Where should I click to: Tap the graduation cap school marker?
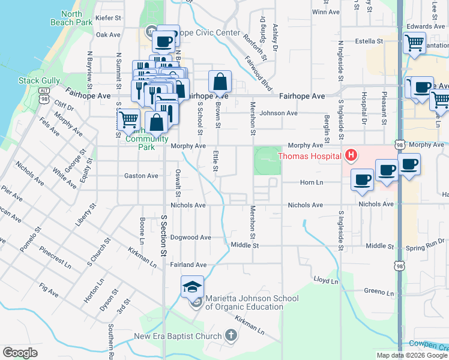pos(193,287)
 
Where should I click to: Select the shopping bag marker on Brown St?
pos(220,82)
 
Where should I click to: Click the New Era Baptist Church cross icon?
pos(231,336)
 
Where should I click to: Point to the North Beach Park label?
pos(76,18)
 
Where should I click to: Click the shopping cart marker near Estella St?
pos(414,43)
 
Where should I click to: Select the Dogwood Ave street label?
pos(191,238)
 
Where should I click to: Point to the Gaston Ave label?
pos(140,176)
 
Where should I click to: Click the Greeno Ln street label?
pos(378,292)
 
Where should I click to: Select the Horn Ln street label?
pos(312,182)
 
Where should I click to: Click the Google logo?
pos(20,353)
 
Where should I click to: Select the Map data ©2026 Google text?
pos(412,355)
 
